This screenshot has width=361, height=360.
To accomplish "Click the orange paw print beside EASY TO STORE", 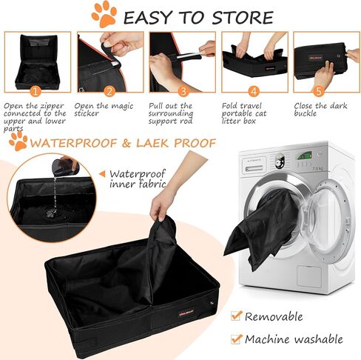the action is [104, 14].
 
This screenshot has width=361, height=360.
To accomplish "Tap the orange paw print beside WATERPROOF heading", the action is [18, 141].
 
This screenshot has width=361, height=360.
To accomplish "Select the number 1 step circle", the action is [36, 91].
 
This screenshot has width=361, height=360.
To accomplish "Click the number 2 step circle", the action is [109, 91].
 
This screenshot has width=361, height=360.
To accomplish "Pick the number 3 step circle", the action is [183, 91].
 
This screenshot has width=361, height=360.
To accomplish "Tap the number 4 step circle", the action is [254, 91].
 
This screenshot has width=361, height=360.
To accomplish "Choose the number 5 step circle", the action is [319, 91].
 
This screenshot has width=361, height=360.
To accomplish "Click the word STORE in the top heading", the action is [243, 18].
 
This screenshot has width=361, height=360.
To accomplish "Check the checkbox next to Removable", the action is [235, 316].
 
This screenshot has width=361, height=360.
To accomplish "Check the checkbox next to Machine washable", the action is [236, 339].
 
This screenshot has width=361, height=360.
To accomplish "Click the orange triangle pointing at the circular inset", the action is [102, 174].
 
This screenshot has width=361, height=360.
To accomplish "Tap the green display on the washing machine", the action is [304, 156].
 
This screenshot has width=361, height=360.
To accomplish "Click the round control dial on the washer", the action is [280, 161].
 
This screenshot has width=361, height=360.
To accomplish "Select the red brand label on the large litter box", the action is [186, 313].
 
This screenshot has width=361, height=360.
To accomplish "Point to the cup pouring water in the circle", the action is [64, 166].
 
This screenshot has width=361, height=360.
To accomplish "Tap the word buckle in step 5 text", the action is [305, 113].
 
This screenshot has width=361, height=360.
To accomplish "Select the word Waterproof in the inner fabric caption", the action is [137, 174].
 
